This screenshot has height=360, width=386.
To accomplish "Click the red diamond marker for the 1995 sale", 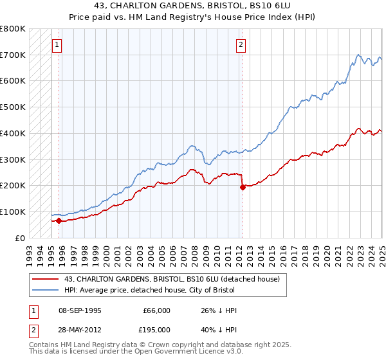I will (x=59, y=221).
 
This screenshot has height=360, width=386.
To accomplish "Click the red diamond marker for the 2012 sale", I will (x=243, y=188).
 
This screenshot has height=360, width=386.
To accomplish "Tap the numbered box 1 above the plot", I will (x=57, y=45).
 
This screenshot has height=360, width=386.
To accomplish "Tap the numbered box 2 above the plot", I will (x=241, y=45).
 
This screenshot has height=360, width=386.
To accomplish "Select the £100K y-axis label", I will (x=14, y=212).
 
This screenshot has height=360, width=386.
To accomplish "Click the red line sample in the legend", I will (x=46, y=280).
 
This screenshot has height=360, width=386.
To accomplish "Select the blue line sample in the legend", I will (x=46, y=291).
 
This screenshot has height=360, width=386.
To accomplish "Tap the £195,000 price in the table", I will (x=156, y=330).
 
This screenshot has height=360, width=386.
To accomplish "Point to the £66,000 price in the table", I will (x=156, y=310).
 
